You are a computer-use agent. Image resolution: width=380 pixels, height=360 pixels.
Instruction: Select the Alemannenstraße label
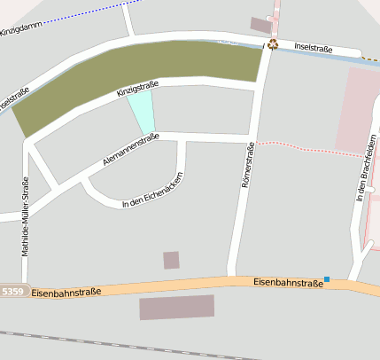(130, 149)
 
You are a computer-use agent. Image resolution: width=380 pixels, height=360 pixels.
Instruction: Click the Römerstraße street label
(248, 166)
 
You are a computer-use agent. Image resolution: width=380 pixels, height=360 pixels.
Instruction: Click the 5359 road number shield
(12, 291)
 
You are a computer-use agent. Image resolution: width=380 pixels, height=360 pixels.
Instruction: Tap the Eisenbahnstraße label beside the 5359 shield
(66, 291)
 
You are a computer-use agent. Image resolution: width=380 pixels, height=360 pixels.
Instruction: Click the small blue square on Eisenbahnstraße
(326, 280)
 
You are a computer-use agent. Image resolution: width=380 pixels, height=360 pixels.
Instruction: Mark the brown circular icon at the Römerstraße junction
(274, 44)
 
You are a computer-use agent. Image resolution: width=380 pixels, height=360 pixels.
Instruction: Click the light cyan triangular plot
(142, 112)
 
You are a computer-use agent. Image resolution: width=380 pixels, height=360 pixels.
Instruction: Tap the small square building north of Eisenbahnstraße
(171, 260)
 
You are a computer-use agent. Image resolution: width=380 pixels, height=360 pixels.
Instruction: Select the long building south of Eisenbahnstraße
(177, 307)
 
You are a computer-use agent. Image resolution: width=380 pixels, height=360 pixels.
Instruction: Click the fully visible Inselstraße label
(314, 49)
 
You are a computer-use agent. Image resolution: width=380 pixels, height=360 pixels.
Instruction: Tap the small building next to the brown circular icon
(260, 25)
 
